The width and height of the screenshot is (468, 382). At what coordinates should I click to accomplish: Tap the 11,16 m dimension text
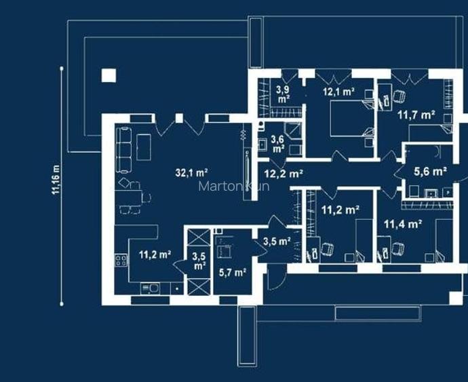click(x=56, y=179)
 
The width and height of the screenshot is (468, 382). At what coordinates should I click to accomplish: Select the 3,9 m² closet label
click(x=283, y=94)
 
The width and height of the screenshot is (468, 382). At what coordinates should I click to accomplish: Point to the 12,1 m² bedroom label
click(x=338, y=92)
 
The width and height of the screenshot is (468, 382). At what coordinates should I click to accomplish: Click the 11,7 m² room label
click(x=416, y=115)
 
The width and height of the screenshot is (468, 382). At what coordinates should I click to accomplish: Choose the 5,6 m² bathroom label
click(x=430, y=172)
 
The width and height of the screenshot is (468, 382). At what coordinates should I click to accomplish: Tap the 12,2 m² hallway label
click(x=284, y=174)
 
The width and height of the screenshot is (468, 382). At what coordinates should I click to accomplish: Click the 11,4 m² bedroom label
click(x=403, y=224)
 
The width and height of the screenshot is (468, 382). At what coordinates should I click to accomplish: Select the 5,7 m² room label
click(x=233, y=272)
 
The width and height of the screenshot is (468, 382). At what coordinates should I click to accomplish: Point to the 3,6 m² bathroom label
click(x=277, y=144)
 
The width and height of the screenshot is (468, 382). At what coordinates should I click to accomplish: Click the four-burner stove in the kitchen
click(x=121, y=260)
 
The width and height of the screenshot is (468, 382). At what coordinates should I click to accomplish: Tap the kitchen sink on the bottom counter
click(x=150, y=289)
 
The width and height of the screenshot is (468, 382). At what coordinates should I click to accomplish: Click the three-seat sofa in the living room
click(x=123, y=150)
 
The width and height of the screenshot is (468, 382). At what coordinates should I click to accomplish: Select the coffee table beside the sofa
click(x=144, y=147)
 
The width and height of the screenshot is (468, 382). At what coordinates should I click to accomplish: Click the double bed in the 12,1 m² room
click(x=352, y=119)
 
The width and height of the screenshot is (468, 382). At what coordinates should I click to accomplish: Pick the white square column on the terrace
click(x=109, y=75)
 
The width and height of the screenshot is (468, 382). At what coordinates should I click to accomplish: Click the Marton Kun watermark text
click(x=234, y=187)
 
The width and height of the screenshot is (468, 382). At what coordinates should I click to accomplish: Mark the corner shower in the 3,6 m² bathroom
click(x=292, y=131)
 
